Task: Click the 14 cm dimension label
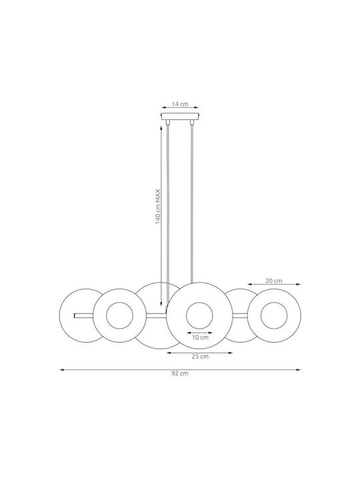tap(180, 104)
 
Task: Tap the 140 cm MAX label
tap(158, 206)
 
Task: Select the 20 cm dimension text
tap(274, 281)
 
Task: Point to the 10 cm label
tap(200, 337)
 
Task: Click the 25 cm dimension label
tap(200, 356)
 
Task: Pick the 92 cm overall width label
tap(180, 373)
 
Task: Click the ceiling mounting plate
tap(180, 117)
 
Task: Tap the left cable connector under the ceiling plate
tap(167, 122)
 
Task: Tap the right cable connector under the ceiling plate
tap(192, 122)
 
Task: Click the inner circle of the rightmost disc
tap(261, 315)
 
